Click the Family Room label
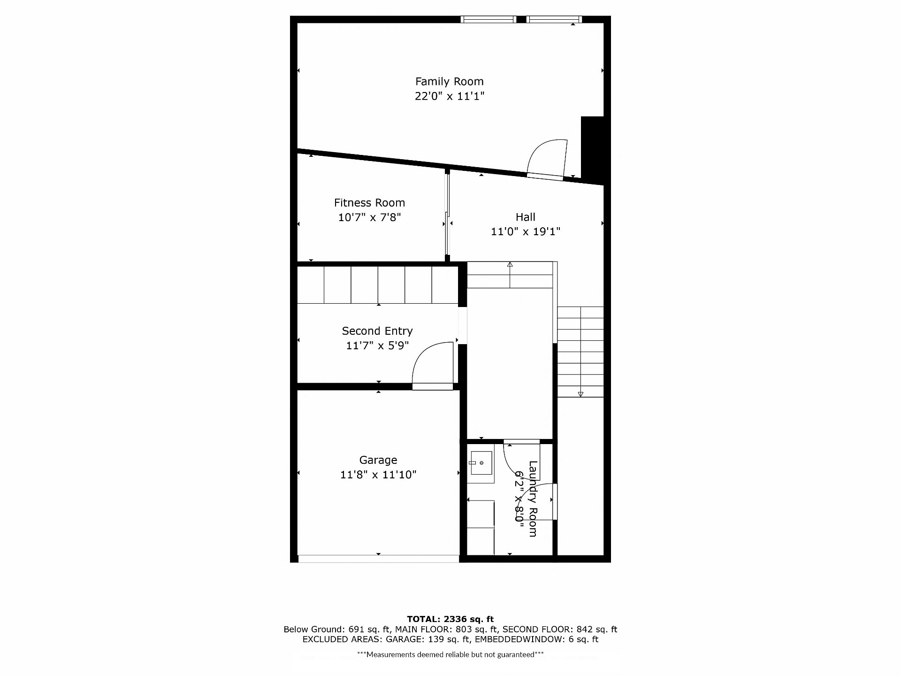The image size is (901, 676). [449, 81]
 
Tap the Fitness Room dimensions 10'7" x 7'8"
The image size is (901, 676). [369, 217]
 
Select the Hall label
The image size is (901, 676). [525, 217]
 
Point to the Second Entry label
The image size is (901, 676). [377, 331]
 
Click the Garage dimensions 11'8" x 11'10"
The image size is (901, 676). [378, 475]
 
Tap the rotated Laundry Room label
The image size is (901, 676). [533, 499]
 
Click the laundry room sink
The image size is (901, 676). [481, 463]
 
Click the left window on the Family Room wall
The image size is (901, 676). [489, 19]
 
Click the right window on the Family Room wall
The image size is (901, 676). [554, 19]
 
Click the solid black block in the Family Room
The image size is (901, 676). [592, 148]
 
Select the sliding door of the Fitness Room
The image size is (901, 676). [448, 215]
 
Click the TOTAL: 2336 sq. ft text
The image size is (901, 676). [450, 619]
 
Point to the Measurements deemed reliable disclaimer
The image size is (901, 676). [450, 654]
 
